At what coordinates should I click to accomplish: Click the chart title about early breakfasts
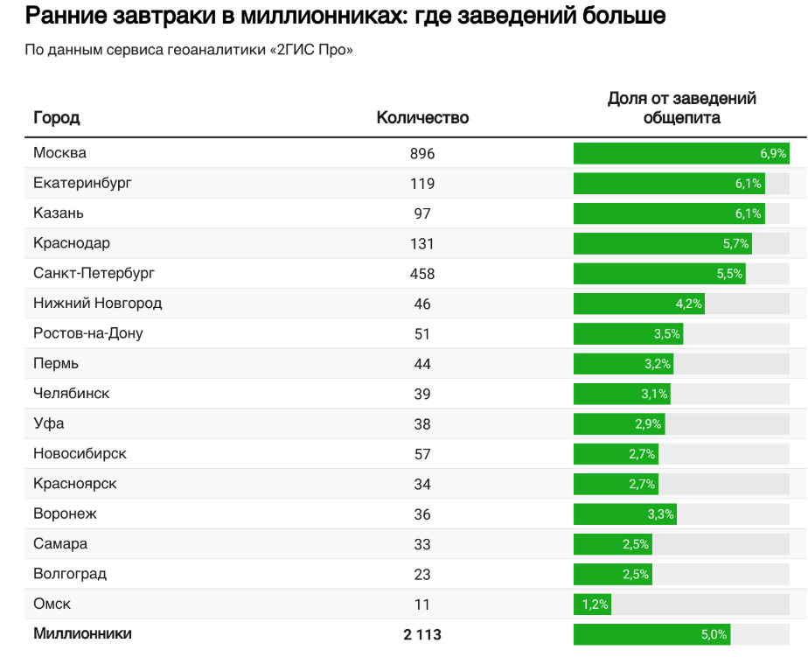(x=345, y=17)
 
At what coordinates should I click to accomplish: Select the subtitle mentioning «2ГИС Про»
(x=189, y=50)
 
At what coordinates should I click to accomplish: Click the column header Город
(x=56, y=118)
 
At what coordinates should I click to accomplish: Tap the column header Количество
(x=422, y=118)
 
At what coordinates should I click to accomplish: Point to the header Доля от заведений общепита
(x=681, y=108)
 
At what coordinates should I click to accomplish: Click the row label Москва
(x=59, y=153)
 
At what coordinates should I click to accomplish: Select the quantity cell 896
(x=422, y=154)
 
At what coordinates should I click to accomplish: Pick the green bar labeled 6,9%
(x=681, y=154)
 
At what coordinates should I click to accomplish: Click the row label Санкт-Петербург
(x=94, y=274)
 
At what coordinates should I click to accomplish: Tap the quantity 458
(x=422, y=274)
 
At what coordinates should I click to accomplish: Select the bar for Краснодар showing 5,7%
(x=662, y=244)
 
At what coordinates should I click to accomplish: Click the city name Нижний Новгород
(x=97, y=304)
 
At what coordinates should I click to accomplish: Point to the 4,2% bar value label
(x=688, y=304)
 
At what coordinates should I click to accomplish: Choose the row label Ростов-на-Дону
(x=87, y=333)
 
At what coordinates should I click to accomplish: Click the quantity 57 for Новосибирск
(x=422, y=454)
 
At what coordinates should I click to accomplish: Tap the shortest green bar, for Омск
(x=592, y=605)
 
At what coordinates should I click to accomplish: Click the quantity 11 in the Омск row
(x=422, y=605)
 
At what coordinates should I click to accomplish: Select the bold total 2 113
(x=422, y=635)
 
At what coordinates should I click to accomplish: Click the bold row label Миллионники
(x=82, y=633)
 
